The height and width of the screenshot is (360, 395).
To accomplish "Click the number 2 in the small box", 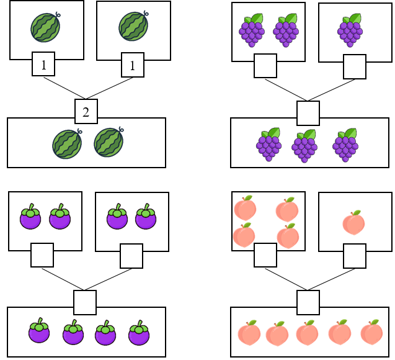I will [x=86, y=112].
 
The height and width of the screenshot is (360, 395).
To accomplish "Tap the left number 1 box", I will [x=43, y=64].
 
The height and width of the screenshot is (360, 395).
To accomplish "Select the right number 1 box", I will [x=133, y=65].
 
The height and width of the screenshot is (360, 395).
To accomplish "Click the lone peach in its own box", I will [x=353, y=223].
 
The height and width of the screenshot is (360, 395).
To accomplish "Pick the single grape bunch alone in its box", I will [x=350, y=31].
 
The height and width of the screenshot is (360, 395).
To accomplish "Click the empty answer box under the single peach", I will [x=355, y=256].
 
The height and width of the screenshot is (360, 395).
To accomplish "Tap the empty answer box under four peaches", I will [x=265, y=255].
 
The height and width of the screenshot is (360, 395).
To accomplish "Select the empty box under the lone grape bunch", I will [x=355, y=66].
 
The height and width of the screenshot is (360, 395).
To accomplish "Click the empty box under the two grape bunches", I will [x=265, y=66].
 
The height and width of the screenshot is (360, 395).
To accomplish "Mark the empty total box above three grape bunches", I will [x=308, y=113].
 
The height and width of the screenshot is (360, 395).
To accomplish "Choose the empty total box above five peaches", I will [x=308, y=302].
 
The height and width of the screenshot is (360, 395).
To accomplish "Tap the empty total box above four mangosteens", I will [x=85, y=302].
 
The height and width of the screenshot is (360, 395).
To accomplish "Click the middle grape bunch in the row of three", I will [x=304, y=148].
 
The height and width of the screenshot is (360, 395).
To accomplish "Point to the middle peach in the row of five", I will [x=308, y=333].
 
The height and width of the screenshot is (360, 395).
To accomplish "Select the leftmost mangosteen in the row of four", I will [x=39, y=331].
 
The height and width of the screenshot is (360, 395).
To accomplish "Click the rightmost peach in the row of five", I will [x=371, y=333].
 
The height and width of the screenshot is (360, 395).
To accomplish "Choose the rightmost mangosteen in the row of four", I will [x=139, y=334].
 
